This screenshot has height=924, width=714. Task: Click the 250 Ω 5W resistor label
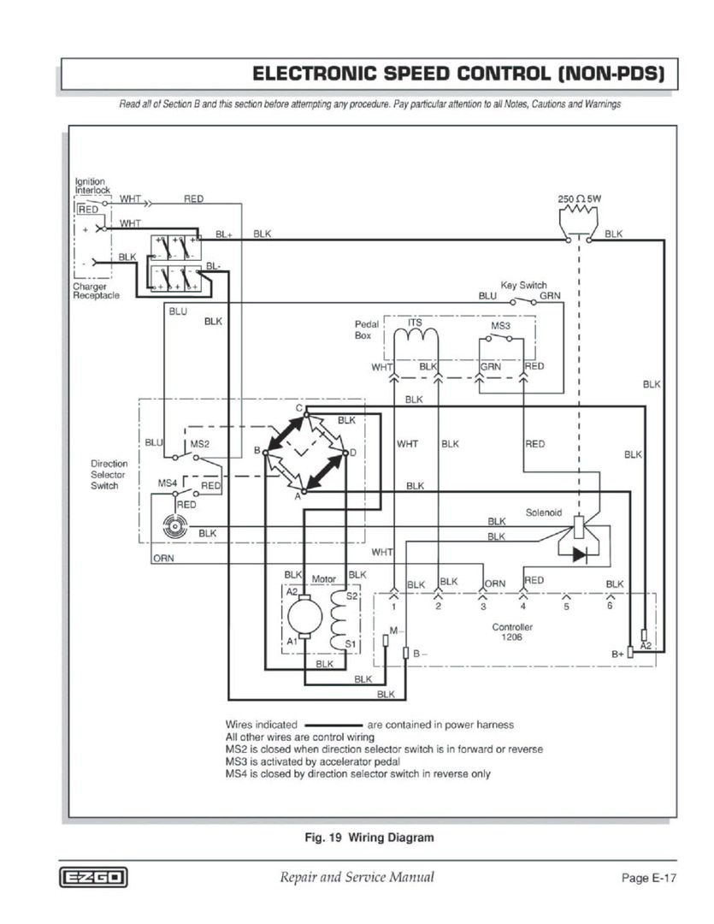point(581,198)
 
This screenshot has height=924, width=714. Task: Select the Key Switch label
point(523,285)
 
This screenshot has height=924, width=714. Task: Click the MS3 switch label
point(500,326)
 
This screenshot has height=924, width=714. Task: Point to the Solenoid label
point(543,512)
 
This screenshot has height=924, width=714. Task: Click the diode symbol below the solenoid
point(580,554)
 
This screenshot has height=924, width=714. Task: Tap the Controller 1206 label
point(512,632)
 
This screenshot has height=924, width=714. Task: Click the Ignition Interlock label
point(90,186)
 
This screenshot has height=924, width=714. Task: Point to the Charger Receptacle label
point(96,291)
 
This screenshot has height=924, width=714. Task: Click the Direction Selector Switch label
point(109,475)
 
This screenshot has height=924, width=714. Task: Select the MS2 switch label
point(199,443)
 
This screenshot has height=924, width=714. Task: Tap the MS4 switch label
point(168,483)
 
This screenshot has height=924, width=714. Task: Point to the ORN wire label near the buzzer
point(163,559)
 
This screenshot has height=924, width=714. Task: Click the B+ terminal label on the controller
point(617,654)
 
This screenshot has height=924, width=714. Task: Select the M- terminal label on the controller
point(393,631)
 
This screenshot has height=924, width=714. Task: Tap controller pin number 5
point(565,607)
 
